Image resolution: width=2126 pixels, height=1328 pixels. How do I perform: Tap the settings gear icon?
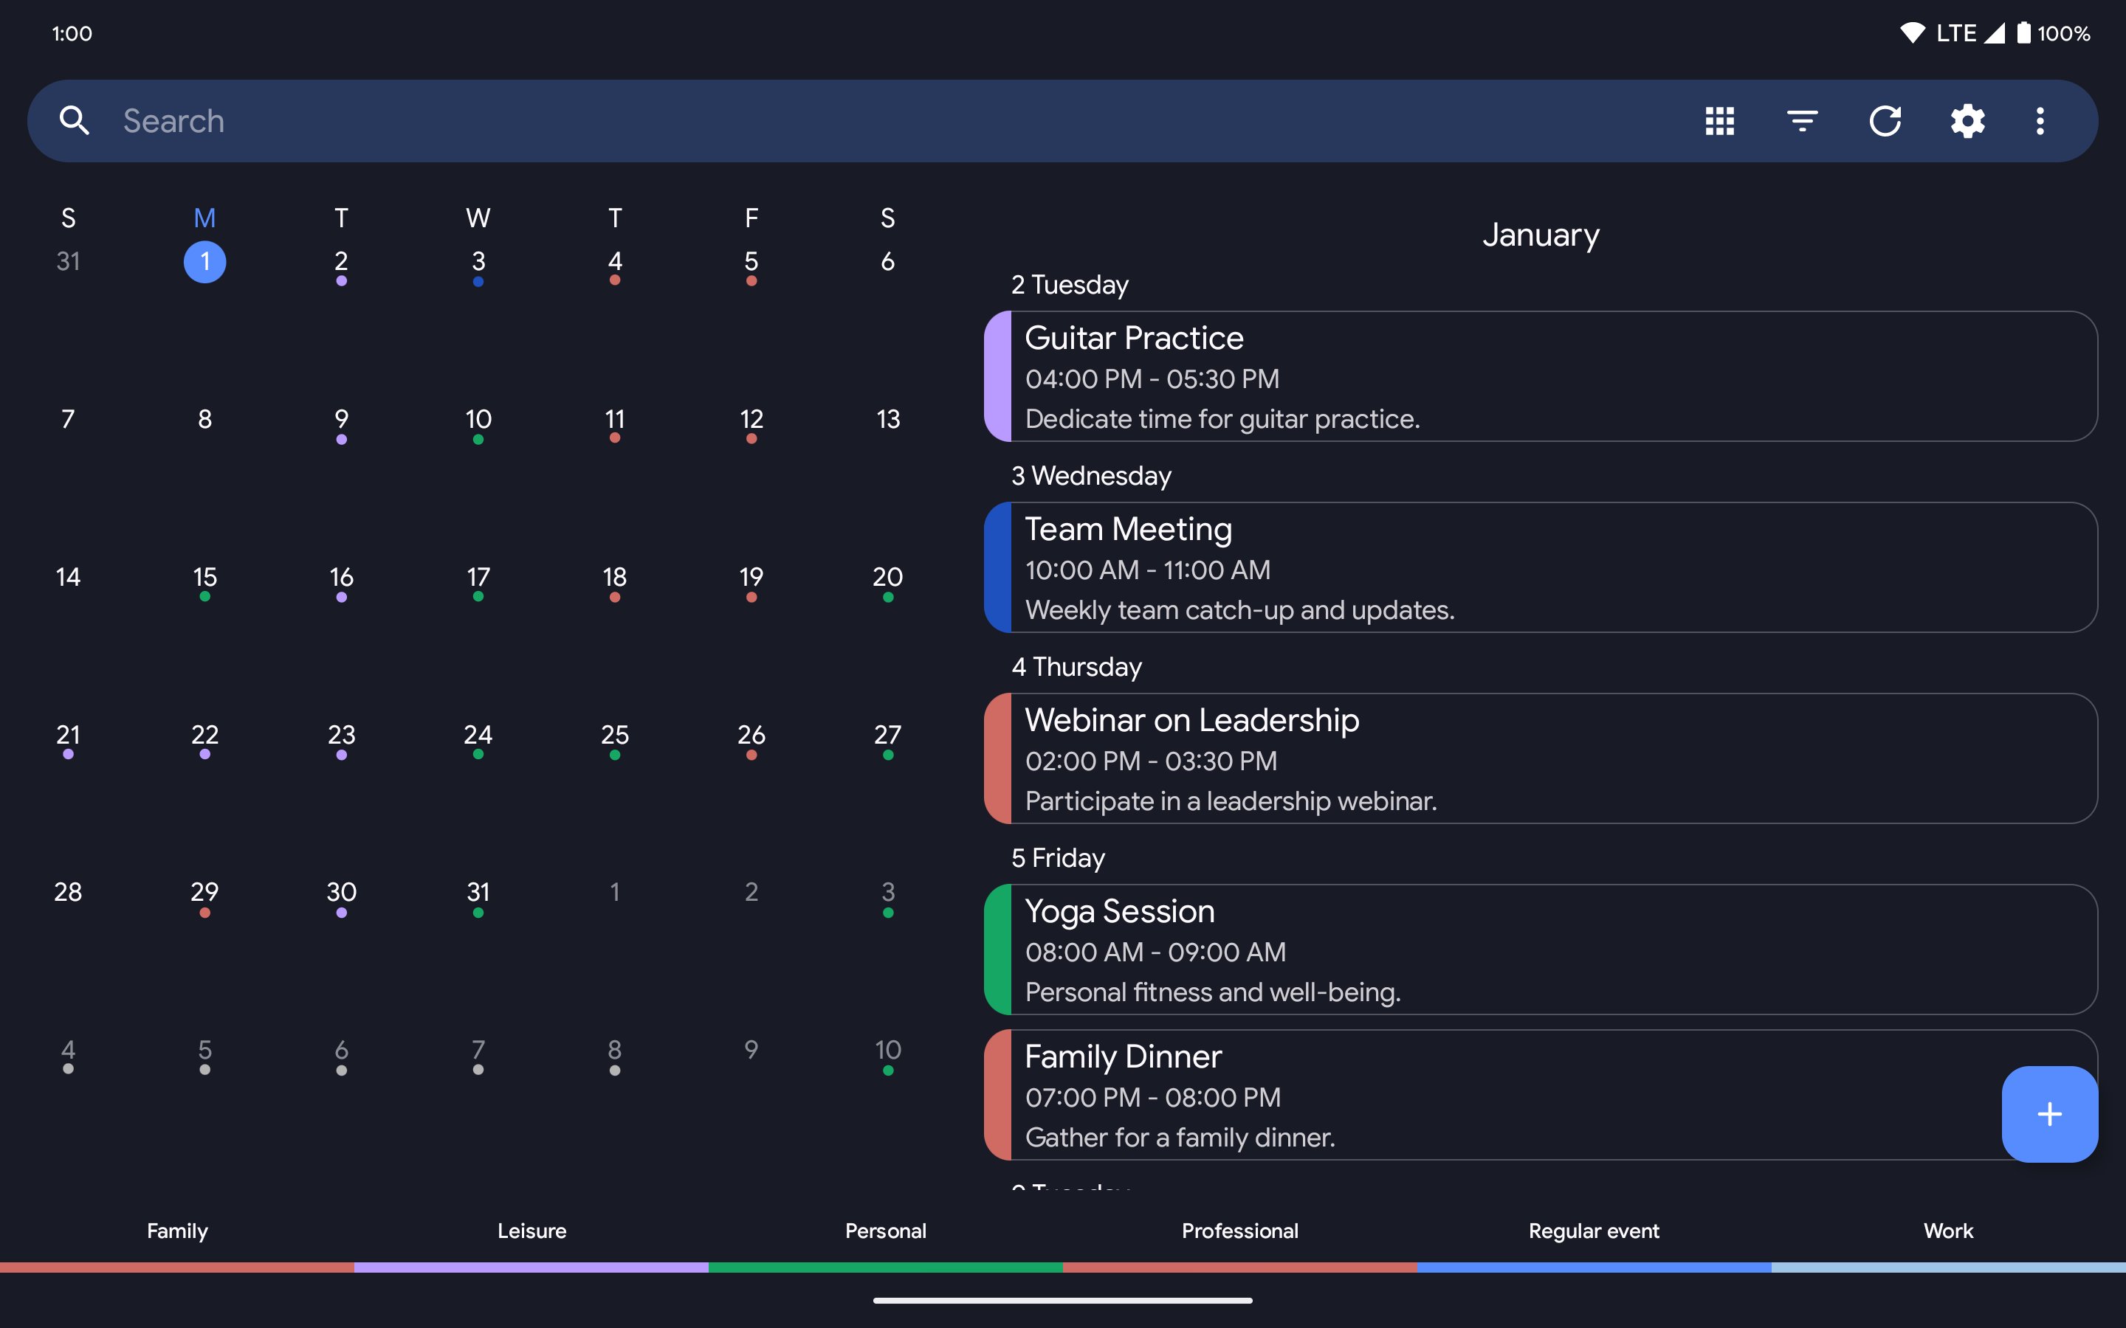coord(1967,120)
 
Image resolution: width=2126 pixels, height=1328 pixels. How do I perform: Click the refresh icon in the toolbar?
coord(1885,120)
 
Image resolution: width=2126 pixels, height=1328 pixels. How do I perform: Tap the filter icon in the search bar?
coord(1802,120)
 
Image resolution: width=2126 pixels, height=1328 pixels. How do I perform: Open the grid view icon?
coord(1719,120)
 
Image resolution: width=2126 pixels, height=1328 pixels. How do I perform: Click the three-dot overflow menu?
coord(2040,120)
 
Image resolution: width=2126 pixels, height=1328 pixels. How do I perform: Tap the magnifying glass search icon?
coord(75,120)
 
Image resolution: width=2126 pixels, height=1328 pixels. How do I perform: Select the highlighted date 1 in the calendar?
coord(204,262)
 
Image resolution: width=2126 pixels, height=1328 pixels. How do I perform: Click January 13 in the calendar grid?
coord(887,419)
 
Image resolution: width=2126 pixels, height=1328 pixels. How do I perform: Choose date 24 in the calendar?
coord(478,735)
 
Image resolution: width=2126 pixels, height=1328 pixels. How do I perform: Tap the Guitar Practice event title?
coord(1133,338)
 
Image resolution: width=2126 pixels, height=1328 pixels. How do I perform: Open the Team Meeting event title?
coord(1128,529)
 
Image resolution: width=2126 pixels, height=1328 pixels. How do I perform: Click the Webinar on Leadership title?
coord(1191,720)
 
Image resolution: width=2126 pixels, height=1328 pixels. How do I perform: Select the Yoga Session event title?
coord(1119,911)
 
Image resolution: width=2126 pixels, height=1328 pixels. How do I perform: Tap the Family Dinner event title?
coord(1123,1056)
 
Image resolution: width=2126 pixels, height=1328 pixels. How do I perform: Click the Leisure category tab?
coord(531,1231)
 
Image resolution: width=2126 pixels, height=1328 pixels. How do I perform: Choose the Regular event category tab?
coord(1594,1231)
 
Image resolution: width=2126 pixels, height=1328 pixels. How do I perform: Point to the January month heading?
coord(1540,235)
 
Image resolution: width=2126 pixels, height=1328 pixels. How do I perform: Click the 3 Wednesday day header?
coord(1091,476)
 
